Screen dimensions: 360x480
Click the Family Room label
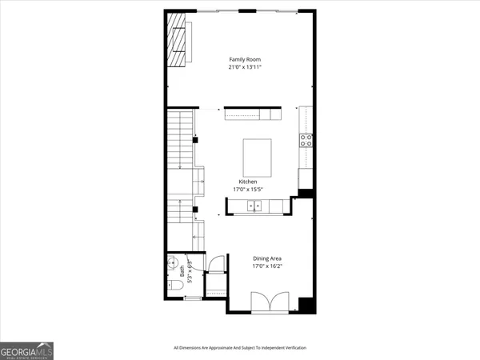coord(245,60)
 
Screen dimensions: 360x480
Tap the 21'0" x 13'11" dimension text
coord(245,68)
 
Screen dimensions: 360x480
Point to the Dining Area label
coord(267,258)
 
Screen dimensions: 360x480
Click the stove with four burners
coord(306,140)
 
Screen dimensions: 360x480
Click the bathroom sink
coord(173,263)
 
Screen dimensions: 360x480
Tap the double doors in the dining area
coord(266,302)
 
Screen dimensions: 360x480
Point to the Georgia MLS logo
coord(26,350)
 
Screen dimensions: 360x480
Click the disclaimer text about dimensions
coord(240,347)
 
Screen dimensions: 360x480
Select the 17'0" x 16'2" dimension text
coord(267,266)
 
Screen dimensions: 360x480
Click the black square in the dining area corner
coord(304,304)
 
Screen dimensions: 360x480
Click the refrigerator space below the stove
coord(306,178)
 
